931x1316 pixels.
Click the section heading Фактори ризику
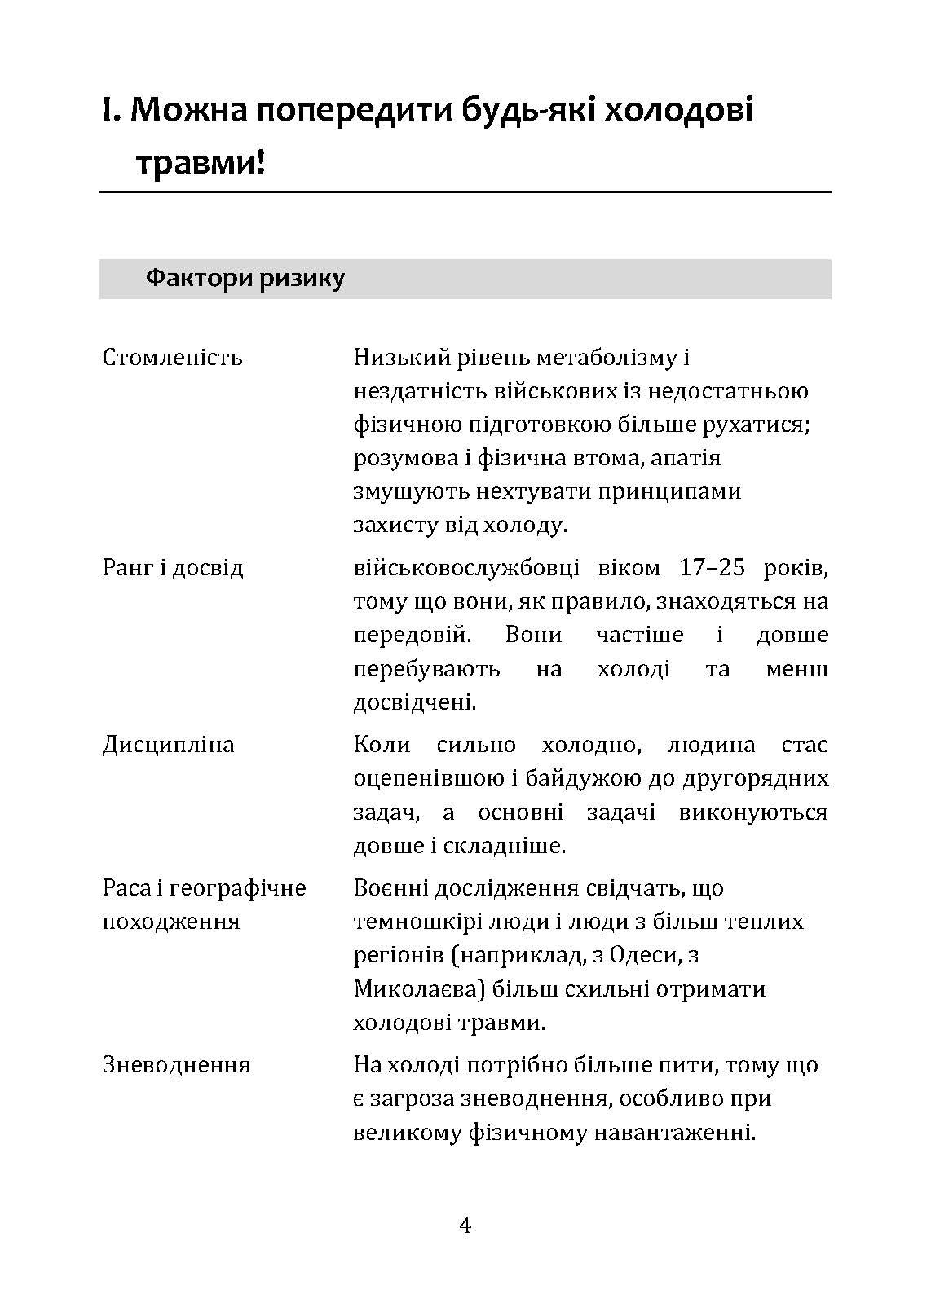click(245, 279)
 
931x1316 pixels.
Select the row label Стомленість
click(172, 358)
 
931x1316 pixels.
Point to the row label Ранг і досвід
click(173, 567)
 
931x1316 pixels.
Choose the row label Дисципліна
click(168, 745)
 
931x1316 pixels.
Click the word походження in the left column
click(171, 922)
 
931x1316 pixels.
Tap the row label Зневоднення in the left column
click(176, 1065)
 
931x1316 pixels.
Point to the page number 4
click(465, 1226)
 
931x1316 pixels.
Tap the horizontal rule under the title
click(465, 192)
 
